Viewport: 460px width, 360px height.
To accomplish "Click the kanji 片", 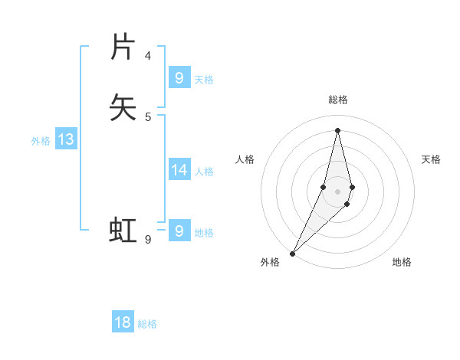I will click(123, 47).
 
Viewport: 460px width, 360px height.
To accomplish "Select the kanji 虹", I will click(123, 230).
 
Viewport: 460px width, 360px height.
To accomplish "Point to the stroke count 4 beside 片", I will click(148, 56).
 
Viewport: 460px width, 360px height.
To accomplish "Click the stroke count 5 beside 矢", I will click(148, 116).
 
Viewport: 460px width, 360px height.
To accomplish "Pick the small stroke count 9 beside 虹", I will click(148, 240).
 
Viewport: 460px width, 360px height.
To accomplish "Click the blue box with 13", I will click(66, 139).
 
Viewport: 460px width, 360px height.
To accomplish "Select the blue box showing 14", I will click(179, 170).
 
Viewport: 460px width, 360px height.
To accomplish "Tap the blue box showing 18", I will click(123, 322).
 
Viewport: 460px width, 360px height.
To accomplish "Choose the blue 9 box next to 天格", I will click(179, 77).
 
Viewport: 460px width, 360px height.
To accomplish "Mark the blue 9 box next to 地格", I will click(179, 231).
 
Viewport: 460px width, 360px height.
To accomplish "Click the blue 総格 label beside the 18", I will click(148, 324).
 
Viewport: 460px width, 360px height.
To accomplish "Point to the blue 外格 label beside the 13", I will click(41, 141).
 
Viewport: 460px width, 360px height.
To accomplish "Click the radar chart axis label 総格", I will click(338, 100).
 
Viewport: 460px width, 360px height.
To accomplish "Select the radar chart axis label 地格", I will click(402, 263).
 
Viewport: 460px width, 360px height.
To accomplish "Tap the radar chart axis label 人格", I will click(245, 159).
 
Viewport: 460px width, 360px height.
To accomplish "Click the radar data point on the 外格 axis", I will click(292, 253).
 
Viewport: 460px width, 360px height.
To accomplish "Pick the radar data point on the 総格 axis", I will click(338, 129).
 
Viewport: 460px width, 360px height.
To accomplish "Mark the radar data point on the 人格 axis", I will click(323, 187).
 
